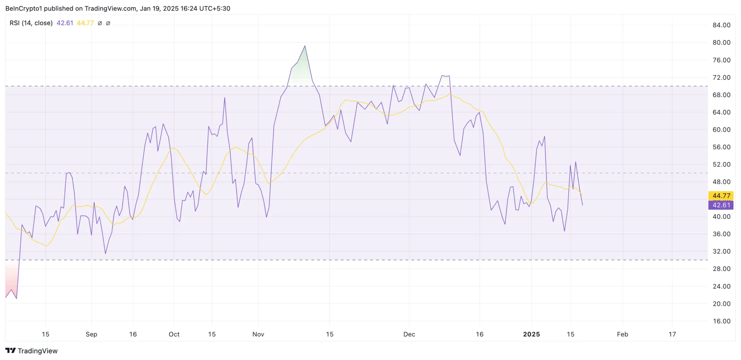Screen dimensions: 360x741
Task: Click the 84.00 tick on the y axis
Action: (x=721, y=25)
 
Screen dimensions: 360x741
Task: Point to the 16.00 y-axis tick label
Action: (x=721, y=321)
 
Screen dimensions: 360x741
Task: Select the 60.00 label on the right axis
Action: (x=721, y=130)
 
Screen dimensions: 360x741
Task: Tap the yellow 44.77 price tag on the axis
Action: (x=721, y=196)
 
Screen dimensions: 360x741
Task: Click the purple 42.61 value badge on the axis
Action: (x=721, y=205)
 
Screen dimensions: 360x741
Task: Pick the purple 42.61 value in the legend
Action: (x=65, y=23)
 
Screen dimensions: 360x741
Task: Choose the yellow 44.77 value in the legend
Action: (x=85, y=23)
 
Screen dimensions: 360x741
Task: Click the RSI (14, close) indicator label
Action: (x=31, y=23)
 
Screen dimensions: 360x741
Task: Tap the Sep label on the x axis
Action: (x=91, y=334)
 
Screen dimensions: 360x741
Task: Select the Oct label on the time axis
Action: (x=174, y=334)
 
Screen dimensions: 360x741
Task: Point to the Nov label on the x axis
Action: (x=258, y=334)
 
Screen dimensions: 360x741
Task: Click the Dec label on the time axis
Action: (x=409, y=334)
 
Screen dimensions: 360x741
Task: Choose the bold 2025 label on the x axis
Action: (x=531, y=334)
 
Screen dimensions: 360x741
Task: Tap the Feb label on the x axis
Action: (x=622, y=334)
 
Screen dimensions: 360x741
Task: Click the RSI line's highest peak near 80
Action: (x=305, y=46)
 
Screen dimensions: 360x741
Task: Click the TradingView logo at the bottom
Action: (x=31, y=351)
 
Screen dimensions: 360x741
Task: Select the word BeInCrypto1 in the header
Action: (x=24, y=8)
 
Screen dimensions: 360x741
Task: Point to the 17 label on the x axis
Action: (x=672, y=334)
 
